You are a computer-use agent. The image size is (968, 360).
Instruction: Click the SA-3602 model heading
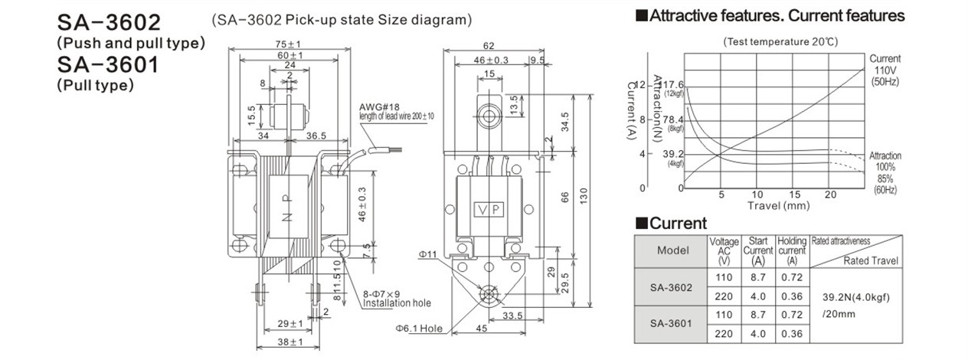click(109, 22)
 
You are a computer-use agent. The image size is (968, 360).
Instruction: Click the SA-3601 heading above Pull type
click(108, 65)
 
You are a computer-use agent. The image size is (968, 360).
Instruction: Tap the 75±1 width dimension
click(288, 44)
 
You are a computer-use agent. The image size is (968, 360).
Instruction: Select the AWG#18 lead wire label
click(379, 106)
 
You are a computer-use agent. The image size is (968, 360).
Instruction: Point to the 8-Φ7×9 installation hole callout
click(381, 295)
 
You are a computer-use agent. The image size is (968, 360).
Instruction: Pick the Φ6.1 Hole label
click(419, 329)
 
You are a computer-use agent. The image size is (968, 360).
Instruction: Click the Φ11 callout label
click(428, 254)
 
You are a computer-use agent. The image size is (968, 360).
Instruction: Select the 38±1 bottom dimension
click(290, 342)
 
